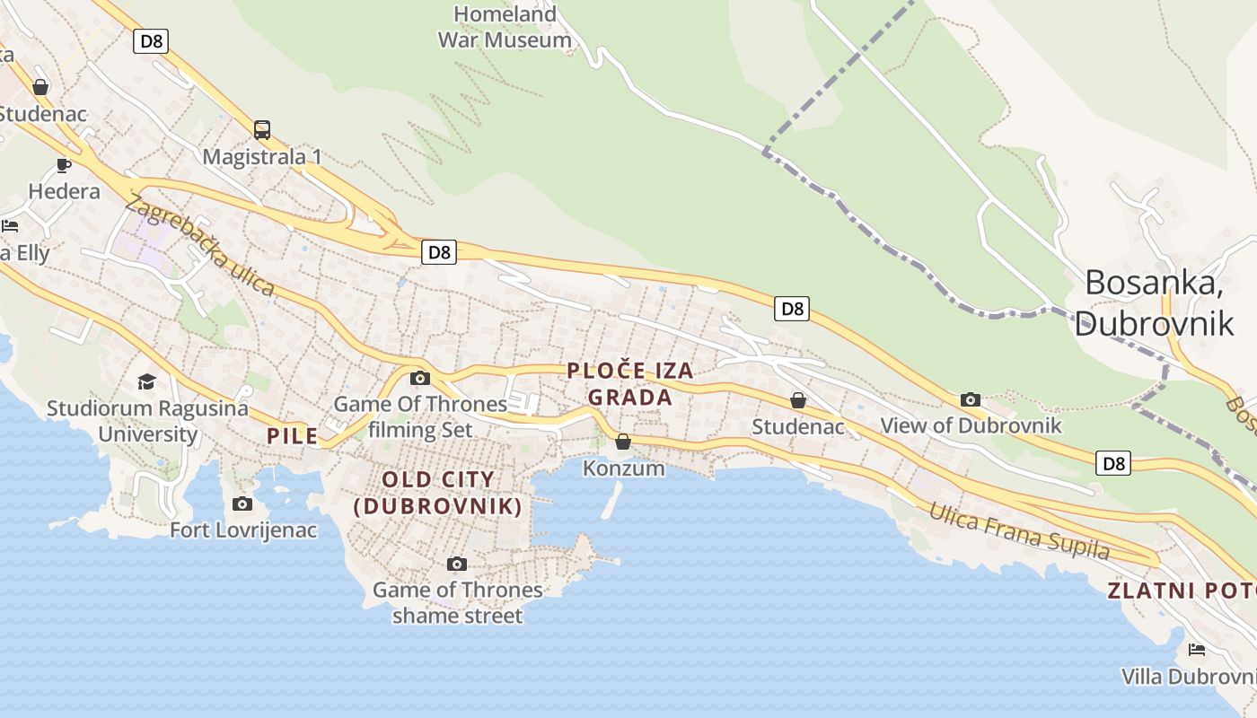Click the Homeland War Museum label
[x=505, y=27]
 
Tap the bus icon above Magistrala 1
[x=262, y=130]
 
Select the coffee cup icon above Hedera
[x=64, y=165]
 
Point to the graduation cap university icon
[x=146, y=382]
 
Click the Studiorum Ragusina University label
[x=147, y=421]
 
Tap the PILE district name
[x=293, y=436]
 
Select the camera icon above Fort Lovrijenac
[x=242, y=504]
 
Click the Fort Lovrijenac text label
[x=243, y=530]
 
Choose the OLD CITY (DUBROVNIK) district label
[x=438, y=493]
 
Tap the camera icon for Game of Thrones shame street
[x=457, y=565]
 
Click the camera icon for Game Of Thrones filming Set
[x=419, y=379]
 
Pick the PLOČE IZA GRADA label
[x=630, y=384]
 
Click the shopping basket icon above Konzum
[x=623, y=442]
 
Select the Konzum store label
[x=623, y=468]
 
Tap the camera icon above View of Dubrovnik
[x=970, y=400]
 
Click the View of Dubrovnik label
[x=971, y=425]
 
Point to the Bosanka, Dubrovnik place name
[x=1155, y=302]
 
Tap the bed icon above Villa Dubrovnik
[x=1196, y=650]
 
